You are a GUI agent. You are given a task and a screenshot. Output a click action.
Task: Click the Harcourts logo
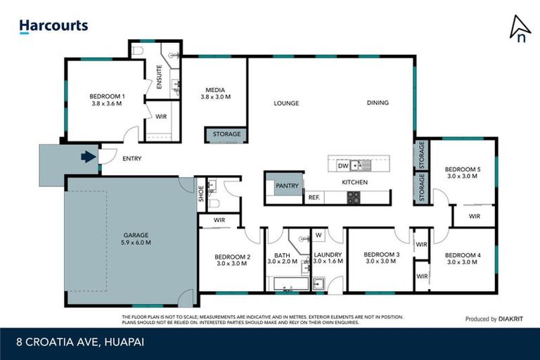(53, 26)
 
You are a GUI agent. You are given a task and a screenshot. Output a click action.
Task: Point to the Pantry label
(287, 186)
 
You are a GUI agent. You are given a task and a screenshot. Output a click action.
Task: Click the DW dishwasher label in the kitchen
(343, 166)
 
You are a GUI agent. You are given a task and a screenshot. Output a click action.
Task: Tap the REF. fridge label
(314, 198)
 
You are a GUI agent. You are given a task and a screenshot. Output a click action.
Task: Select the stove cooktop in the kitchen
(354, 198)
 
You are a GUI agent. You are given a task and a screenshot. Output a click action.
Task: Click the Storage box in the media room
(226, 134)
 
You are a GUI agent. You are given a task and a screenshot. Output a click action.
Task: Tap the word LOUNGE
(286, 103)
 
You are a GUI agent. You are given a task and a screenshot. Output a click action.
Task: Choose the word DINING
(377, 103)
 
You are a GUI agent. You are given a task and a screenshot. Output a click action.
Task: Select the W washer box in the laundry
(318, 235)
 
